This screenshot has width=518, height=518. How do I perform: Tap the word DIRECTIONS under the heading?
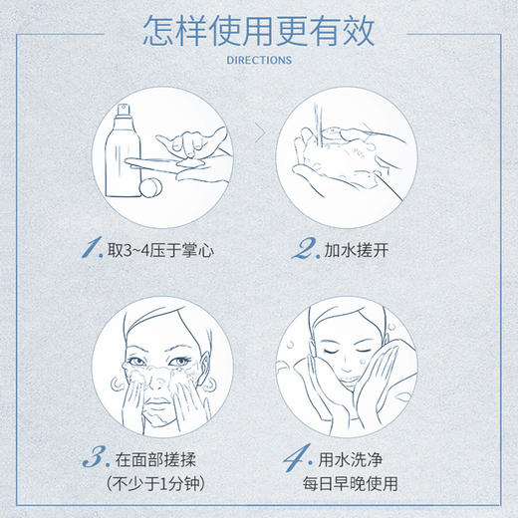click(x=258, y=60)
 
